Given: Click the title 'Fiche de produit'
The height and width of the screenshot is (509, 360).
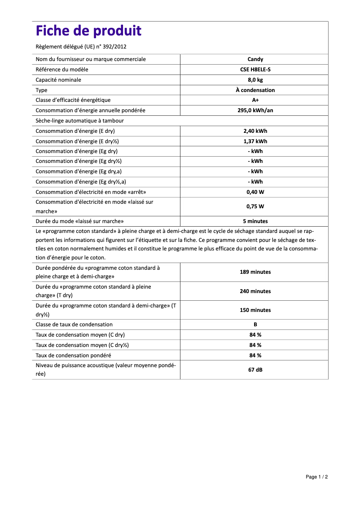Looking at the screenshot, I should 88,31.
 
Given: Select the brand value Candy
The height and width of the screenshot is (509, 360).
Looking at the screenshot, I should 255,59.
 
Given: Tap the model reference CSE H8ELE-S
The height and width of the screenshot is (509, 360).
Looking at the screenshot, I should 255,70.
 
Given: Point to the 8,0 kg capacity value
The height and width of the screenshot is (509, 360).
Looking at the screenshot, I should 255,80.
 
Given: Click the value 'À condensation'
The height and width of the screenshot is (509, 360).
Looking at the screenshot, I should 255,90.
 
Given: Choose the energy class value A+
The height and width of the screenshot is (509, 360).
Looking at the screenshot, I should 255,100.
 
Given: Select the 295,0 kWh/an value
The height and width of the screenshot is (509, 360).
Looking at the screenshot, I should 255,110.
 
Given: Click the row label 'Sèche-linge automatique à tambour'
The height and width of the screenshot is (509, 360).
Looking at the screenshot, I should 79,121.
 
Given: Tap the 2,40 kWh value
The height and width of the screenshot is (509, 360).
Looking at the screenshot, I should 255,131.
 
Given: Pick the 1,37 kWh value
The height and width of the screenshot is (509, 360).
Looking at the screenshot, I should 255,141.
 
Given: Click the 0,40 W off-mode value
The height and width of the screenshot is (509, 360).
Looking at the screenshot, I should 255,192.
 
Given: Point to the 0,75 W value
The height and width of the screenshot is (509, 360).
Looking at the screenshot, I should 255,206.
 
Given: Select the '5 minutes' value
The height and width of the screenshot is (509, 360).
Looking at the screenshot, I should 255,221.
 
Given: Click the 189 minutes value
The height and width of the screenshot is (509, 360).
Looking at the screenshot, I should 255,272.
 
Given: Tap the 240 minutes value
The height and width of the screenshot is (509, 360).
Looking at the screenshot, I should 255,291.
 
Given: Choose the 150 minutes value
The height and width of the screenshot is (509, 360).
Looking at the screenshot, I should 255,310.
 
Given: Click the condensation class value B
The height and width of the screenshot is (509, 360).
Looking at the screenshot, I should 255,325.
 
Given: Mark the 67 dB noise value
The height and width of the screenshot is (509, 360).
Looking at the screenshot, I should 255,370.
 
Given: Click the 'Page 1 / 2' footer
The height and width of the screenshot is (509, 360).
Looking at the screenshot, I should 316,477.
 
